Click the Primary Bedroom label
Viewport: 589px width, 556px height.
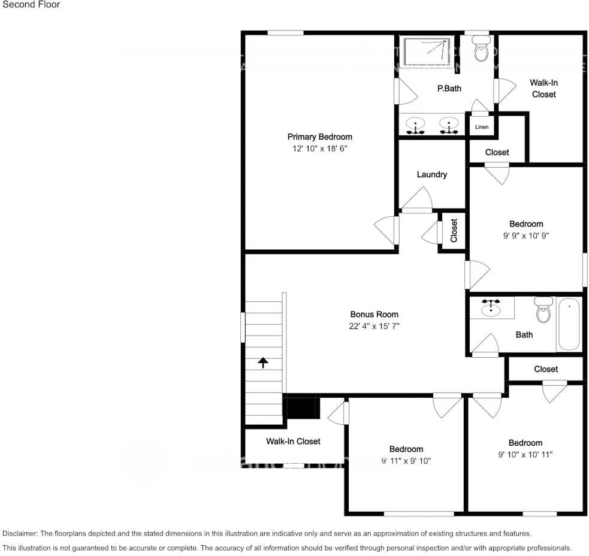point(319,137)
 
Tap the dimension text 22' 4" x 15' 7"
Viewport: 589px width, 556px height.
point(374,326)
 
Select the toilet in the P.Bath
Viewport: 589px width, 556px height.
point(481,50)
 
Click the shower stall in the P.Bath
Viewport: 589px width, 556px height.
point(427,51)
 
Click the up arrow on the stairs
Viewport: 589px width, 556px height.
point(262,362)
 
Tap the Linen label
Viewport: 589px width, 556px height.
point(481,127)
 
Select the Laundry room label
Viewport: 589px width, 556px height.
point(431,174)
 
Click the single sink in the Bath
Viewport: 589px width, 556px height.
point(491,308)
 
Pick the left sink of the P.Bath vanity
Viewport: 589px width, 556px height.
point(415,126)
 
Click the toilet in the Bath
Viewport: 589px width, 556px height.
point(543,310)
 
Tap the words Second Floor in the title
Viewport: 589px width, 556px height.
point(31,5)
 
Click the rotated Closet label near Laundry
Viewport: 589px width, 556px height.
point(454,231)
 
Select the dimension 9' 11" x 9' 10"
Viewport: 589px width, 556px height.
point(406,461)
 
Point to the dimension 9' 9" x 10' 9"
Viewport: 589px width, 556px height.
point(525,235)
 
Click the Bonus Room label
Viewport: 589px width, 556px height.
point(374,314)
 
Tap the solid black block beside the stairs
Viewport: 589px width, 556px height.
point(302,408)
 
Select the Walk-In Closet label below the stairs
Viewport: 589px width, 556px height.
point(293,441)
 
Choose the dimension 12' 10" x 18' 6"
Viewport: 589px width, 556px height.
point(319,148)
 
